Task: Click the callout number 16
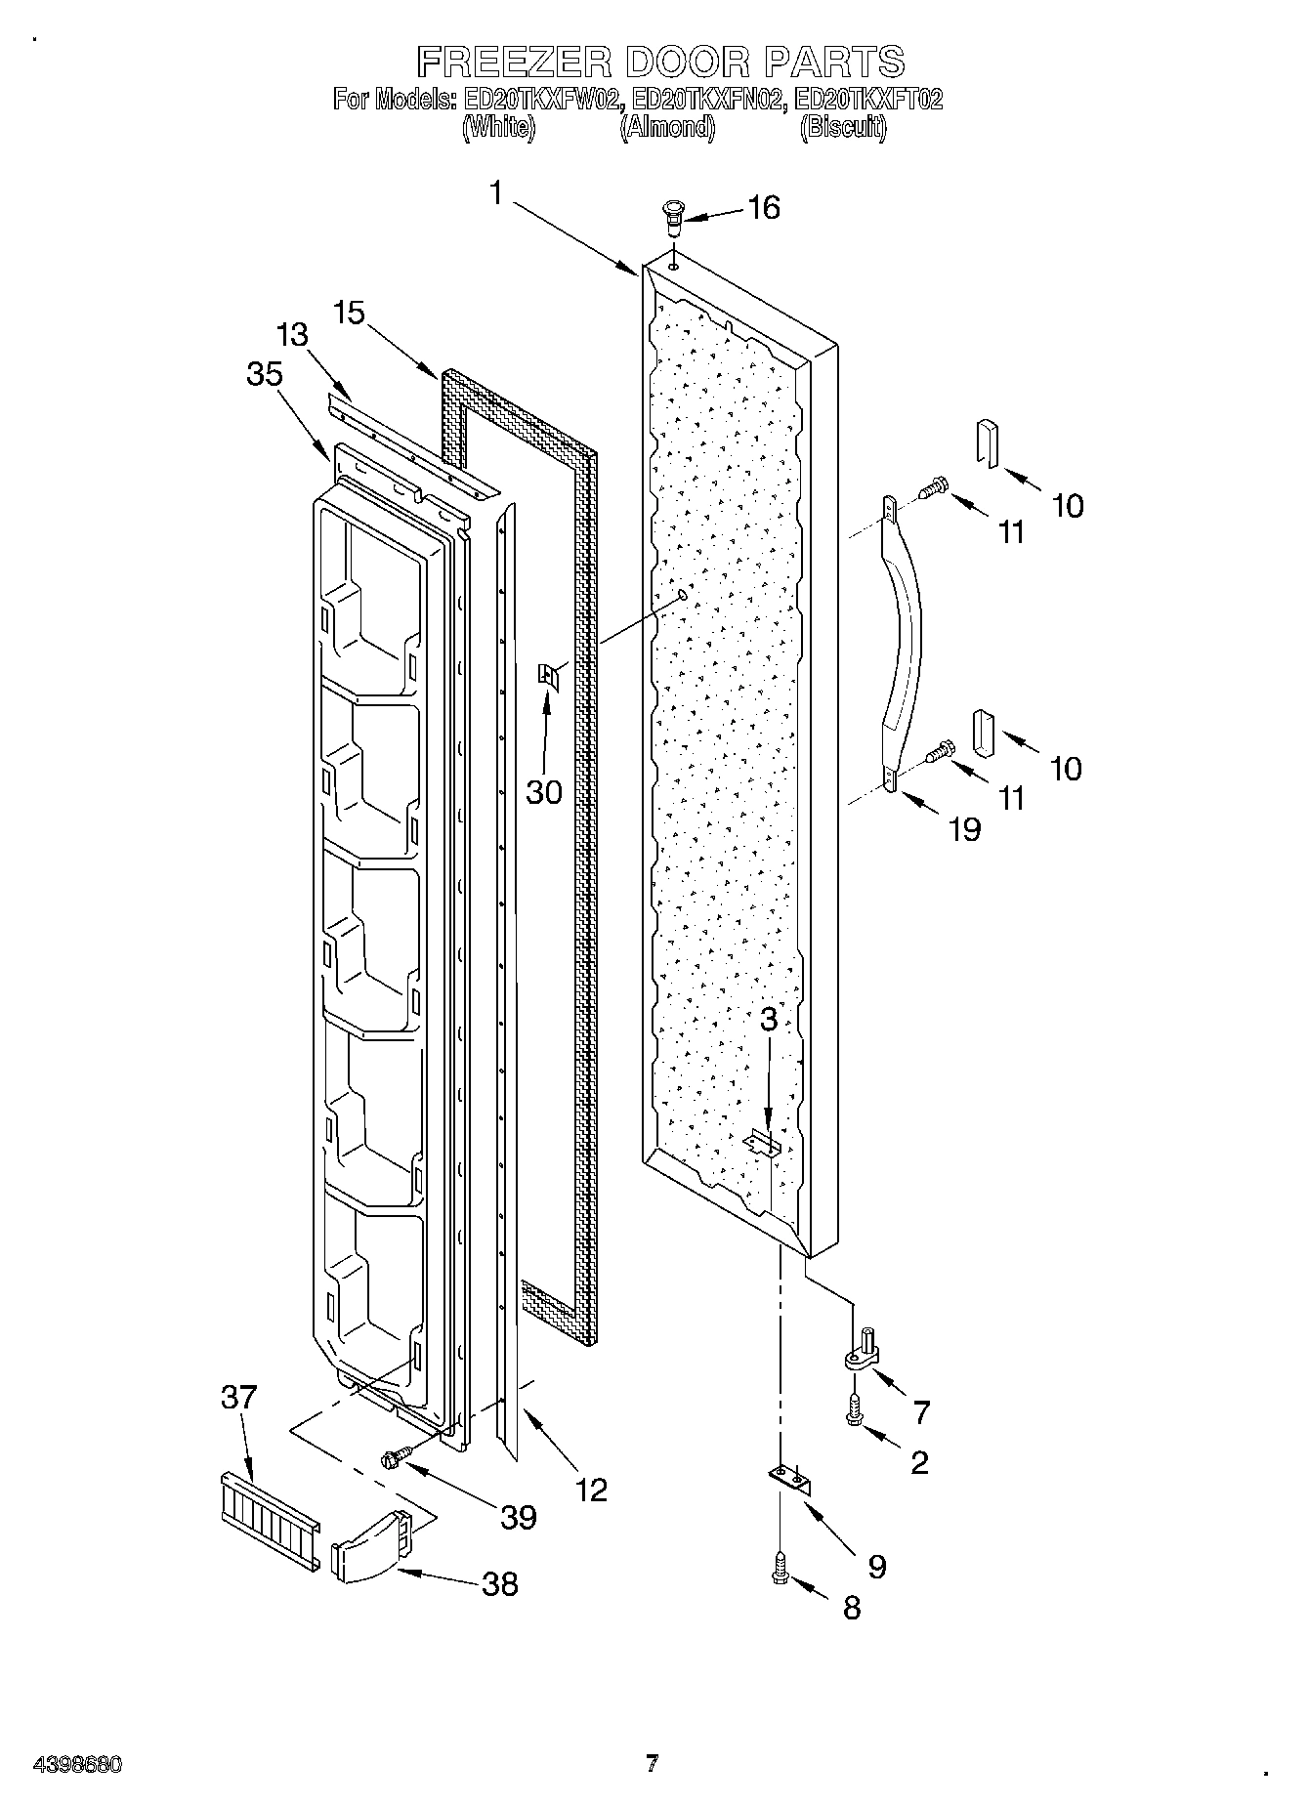tap(764, 207)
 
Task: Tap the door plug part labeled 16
tap(671, 216)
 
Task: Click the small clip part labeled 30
tap(548, 675)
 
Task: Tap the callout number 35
tap(265, 374)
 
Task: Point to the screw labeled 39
tap(393, 1459)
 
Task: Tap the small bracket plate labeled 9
tap(789, 1481)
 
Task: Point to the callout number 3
tap(769, 1020)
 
